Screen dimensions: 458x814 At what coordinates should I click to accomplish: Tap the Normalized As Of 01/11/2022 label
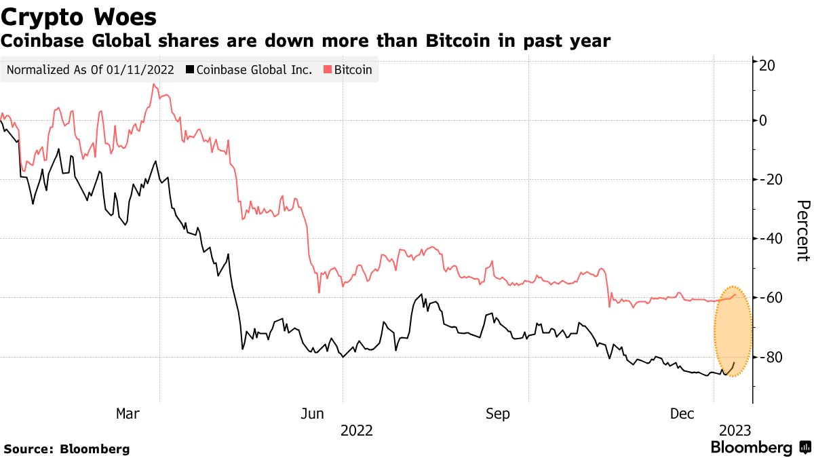[x=90, y=69]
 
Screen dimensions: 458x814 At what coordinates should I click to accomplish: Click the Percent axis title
[x=802, y=231]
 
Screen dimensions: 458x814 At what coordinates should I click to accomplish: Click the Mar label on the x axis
[x=128, y=413]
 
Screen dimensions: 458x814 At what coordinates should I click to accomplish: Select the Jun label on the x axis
[x=311, y=413]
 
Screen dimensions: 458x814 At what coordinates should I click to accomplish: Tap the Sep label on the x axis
[x=497, y=413]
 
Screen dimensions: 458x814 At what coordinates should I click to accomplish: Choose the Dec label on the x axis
[x=682, y=413]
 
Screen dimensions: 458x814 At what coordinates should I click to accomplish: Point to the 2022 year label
[x=357, y=430]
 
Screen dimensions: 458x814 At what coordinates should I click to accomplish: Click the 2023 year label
[x=734, y=430]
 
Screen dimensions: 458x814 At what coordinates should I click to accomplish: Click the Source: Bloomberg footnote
[x=66, y=449]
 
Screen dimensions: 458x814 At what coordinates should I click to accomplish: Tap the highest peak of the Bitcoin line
[x=154, y=84]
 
